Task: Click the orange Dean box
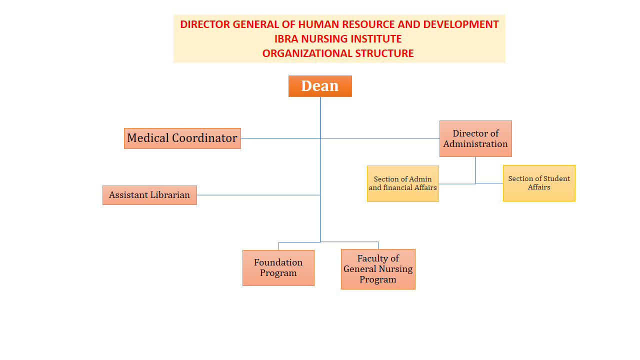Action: [x=320, y=86]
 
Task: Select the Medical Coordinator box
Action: [x=182, y=138]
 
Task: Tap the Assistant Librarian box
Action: [x=149, y=195]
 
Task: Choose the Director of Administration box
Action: [x=475, y=138]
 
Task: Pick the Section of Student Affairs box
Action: [x=539, y=183]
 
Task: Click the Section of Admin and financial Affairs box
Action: [x=403, y=183]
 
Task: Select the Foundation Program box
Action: [x=278, y=268]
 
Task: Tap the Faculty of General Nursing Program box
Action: [x=378, y=269]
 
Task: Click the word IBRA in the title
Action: [x=286, y=39]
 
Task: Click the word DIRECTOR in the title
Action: [x=205, y=24]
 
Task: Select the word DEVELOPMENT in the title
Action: [x=461, y=24]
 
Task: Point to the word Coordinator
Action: [x=204, y=138]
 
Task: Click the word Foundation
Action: [x=278, y=262]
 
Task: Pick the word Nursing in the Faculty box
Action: [x=395, y=269]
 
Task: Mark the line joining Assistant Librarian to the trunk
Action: [x=258, y=195]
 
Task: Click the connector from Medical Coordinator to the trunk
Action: [x=280, y=138]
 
